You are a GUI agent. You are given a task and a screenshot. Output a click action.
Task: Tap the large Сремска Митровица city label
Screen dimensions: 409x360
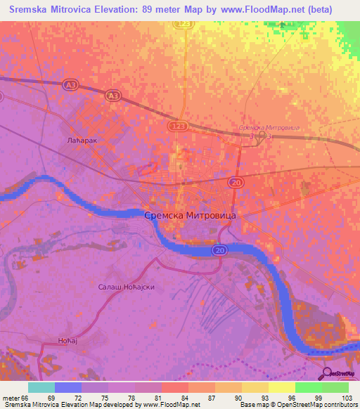point(190,216)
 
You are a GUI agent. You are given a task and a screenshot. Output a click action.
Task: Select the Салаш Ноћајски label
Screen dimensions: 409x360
point(125,287)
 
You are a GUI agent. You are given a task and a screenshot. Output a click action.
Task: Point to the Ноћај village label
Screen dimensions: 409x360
point(68,342)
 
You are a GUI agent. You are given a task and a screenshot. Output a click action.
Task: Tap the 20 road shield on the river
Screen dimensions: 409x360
point(219,249)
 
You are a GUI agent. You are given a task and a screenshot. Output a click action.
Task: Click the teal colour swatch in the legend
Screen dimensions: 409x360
point(41,387)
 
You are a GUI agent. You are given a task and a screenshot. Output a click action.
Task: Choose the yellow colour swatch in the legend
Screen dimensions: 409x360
point(281,387)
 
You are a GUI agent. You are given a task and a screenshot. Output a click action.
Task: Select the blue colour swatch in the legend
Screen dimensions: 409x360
point(68,387)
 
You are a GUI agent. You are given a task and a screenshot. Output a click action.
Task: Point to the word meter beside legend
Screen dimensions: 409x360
point(13,398)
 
